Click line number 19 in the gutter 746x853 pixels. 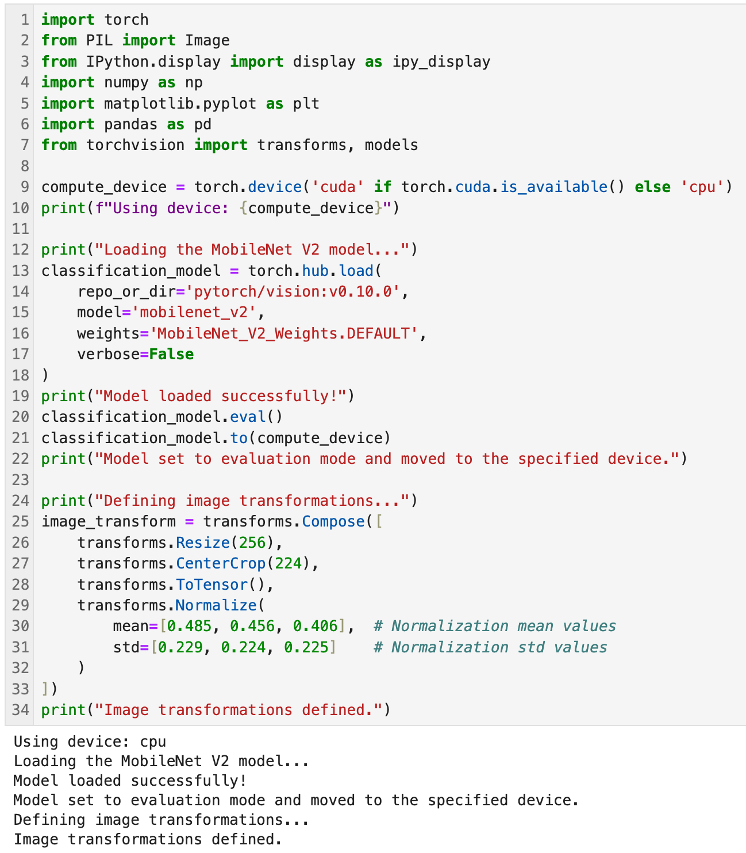(x=20, y=396)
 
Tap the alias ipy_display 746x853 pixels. (x=441, y=62)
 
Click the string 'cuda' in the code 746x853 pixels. (x=337, y=187)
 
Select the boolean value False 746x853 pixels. (x=171, y=354)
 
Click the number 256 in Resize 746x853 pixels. (x=252, y=543)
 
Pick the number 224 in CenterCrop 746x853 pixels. (x=289, y=563)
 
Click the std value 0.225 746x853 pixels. (x=306, y=647)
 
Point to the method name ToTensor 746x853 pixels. (x=212, y=585)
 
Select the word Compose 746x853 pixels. (x=333, y=521)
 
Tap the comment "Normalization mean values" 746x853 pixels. (x=494, y=626)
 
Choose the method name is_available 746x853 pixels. (x=553, y=187)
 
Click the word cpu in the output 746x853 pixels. (x=153, y=741)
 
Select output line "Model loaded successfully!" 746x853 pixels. (x=130, y=781)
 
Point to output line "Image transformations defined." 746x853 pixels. (x=148, y=839)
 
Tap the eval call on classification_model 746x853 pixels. (x=248, y=417)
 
